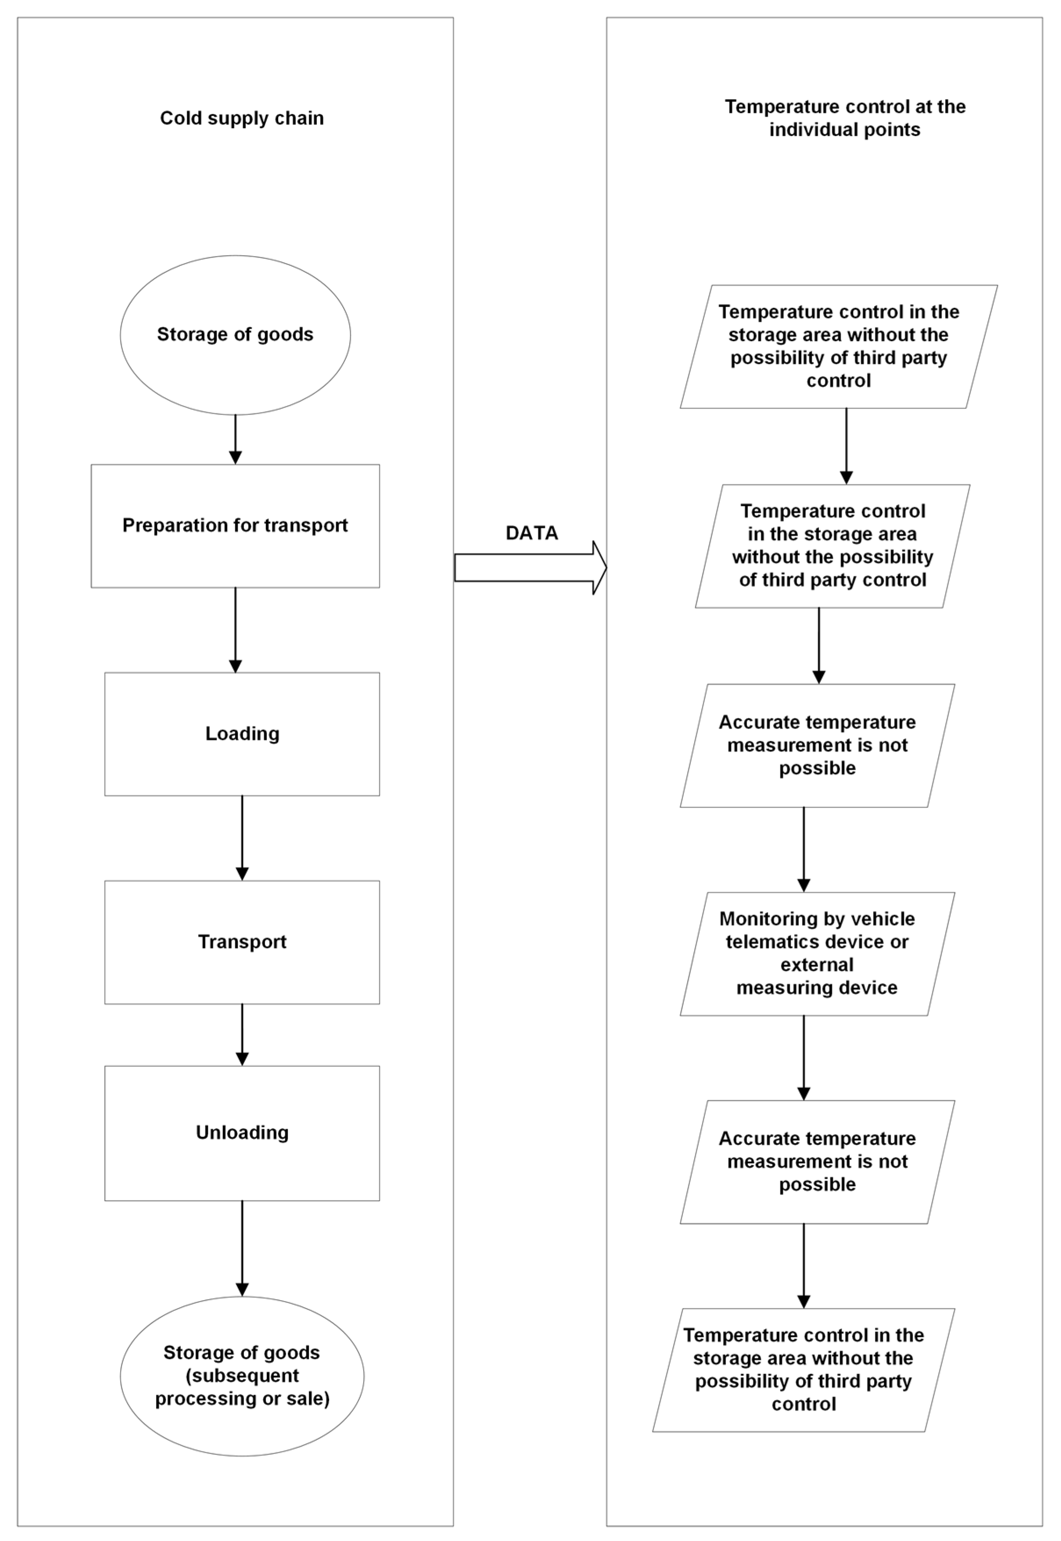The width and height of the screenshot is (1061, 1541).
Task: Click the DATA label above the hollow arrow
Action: point(531,533)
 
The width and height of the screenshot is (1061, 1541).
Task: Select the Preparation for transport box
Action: point(235,526)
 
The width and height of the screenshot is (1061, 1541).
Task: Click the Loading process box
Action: point(242,733)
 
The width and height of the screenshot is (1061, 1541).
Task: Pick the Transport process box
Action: point(242,942)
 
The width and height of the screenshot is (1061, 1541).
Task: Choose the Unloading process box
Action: point(242,1133)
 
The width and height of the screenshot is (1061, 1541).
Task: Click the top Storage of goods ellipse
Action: point(235,335)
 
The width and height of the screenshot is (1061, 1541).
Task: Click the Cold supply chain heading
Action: point(242,118)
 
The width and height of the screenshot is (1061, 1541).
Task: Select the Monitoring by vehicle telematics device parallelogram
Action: point(817,954)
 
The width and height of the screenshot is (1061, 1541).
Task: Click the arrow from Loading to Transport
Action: point(242,837)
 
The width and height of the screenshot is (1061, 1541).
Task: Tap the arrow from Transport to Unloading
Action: point(242,1034)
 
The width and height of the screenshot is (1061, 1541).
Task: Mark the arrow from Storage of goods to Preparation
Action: point(235,439)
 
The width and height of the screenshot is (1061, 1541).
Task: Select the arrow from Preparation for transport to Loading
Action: point(235,629)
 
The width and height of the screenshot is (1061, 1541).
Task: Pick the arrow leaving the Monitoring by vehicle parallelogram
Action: point(804,1057)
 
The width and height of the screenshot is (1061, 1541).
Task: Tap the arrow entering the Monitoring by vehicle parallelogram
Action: point(804,849)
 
